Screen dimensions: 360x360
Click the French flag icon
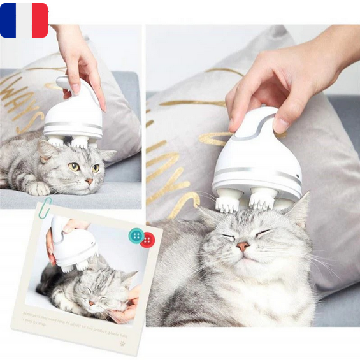[x=24, y=20]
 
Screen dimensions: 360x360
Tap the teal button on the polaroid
[x=136, y=235]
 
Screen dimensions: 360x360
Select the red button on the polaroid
[x=148, y=240]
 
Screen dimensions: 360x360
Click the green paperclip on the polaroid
[x=45, y=208]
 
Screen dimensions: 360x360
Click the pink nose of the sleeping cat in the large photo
[x=243, y=246]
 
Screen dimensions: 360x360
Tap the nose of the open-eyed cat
[x=89, y=181]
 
